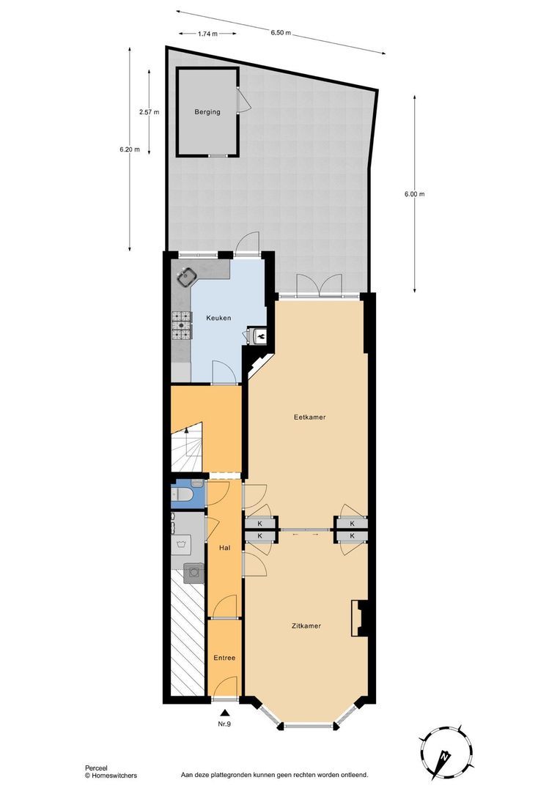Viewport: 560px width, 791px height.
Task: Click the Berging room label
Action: (207, 112)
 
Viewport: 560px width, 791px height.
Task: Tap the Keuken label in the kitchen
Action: (218, 318)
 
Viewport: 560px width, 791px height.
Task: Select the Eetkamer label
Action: (309, 417)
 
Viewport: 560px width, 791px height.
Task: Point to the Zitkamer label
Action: (306, 626)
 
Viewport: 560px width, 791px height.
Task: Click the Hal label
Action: (225, 547)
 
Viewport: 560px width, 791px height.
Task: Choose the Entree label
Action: (224, 658)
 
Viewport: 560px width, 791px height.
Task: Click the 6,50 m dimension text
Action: (281, 33)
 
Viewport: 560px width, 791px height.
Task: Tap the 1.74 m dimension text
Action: (207, 34)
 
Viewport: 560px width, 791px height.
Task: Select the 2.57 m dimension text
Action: (149, 112)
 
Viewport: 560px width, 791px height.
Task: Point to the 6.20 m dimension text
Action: (130, 149)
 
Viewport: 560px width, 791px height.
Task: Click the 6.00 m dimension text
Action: (414, 194)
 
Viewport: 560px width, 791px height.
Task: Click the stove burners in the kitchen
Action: (181, 326)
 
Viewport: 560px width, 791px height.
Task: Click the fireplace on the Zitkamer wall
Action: (359, 617)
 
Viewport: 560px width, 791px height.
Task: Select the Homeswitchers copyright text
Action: (111, 775)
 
